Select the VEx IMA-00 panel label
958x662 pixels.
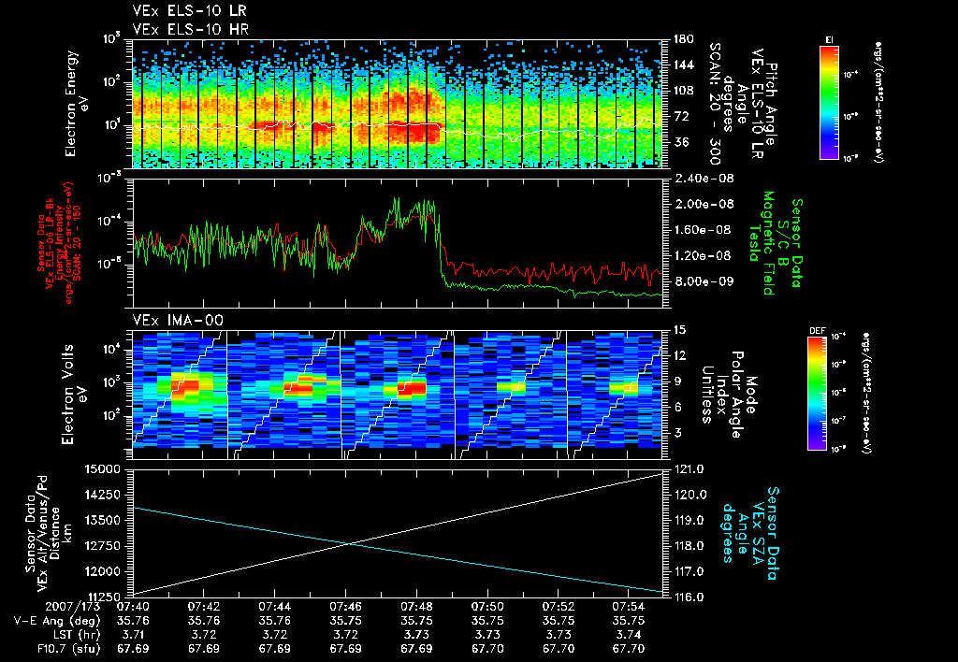coord(167,320)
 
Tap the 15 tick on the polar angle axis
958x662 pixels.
coord(678,329)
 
